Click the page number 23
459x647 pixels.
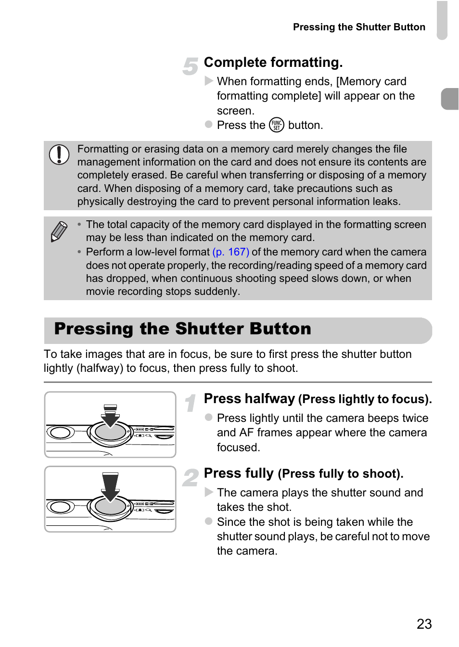pos(424,624)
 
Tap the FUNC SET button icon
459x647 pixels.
pos(277,125)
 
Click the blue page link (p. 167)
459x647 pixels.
pos(230,252)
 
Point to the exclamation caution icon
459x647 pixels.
pos(59,154)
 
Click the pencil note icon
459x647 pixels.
pos(59,231)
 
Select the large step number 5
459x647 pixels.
pos(191,66)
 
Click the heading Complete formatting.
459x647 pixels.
pos(273,63)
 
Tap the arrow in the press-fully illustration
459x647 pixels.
pos(110,486)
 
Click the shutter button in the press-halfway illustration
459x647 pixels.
pos(110,431)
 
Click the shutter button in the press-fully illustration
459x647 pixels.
pos(110,507)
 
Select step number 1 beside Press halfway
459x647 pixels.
pos(191,403)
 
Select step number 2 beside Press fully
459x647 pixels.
pos(191,478)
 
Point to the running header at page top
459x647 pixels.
pos(359,27)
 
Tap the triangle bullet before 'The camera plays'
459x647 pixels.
pos(209,492)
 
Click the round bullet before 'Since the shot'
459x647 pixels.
pos(209,521)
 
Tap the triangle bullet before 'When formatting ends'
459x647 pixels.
pos(209,81)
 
